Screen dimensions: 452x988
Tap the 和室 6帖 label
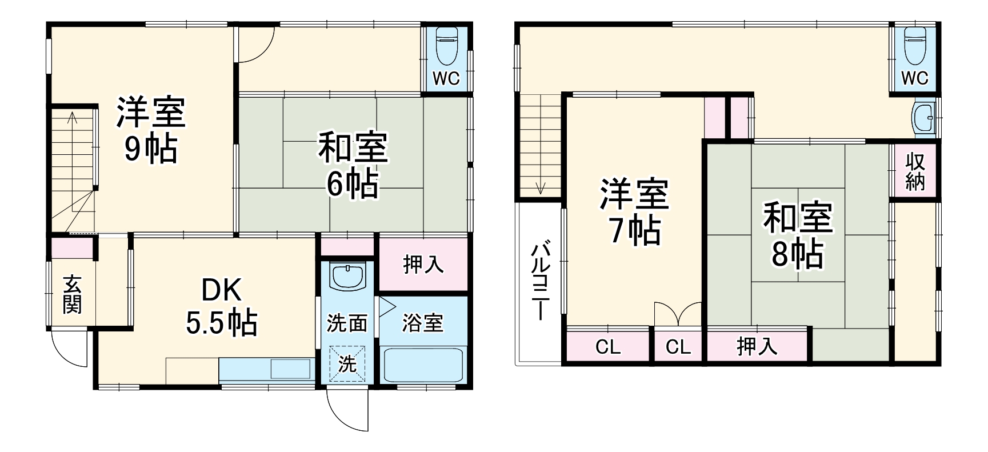pos(353,165)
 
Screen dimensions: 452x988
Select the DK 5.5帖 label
pos(222,307)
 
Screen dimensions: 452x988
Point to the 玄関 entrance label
pos(72,294)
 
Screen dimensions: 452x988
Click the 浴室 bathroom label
pos(422,323)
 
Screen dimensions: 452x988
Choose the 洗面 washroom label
pos(346,323)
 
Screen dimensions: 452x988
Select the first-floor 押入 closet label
pos(423,265)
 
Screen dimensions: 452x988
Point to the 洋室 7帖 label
pos(634,211)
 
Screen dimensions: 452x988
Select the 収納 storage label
pos(915,171)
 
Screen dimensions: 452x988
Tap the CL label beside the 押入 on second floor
pos(678,347)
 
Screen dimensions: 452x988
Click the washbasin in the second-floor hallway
pos(923,118)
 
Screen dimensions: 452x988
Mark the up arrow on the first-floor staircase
pos(73,119)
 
